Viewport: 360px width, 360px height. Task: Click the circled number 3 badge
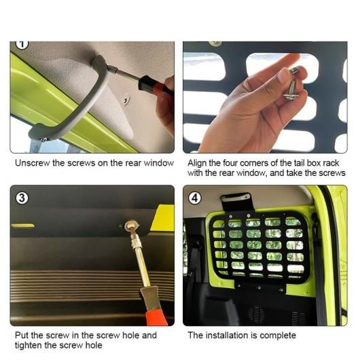(x=22, y=198)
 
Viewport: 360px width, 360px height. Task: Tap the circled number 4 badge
(x=195, y=198)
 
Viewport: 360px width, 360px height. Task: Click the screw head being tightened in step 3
(x=132, y=226)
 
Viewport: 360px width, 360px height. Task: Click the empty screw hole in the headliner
(x=126, y=100)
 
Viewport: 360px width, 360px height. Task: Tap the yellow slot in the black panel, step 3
(x=22, y=226)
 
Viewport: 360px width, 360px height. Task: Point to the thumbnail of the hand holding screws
(x=265, y=97)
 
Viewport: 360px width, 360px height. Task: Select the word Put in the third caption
(x=22, y=336)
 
